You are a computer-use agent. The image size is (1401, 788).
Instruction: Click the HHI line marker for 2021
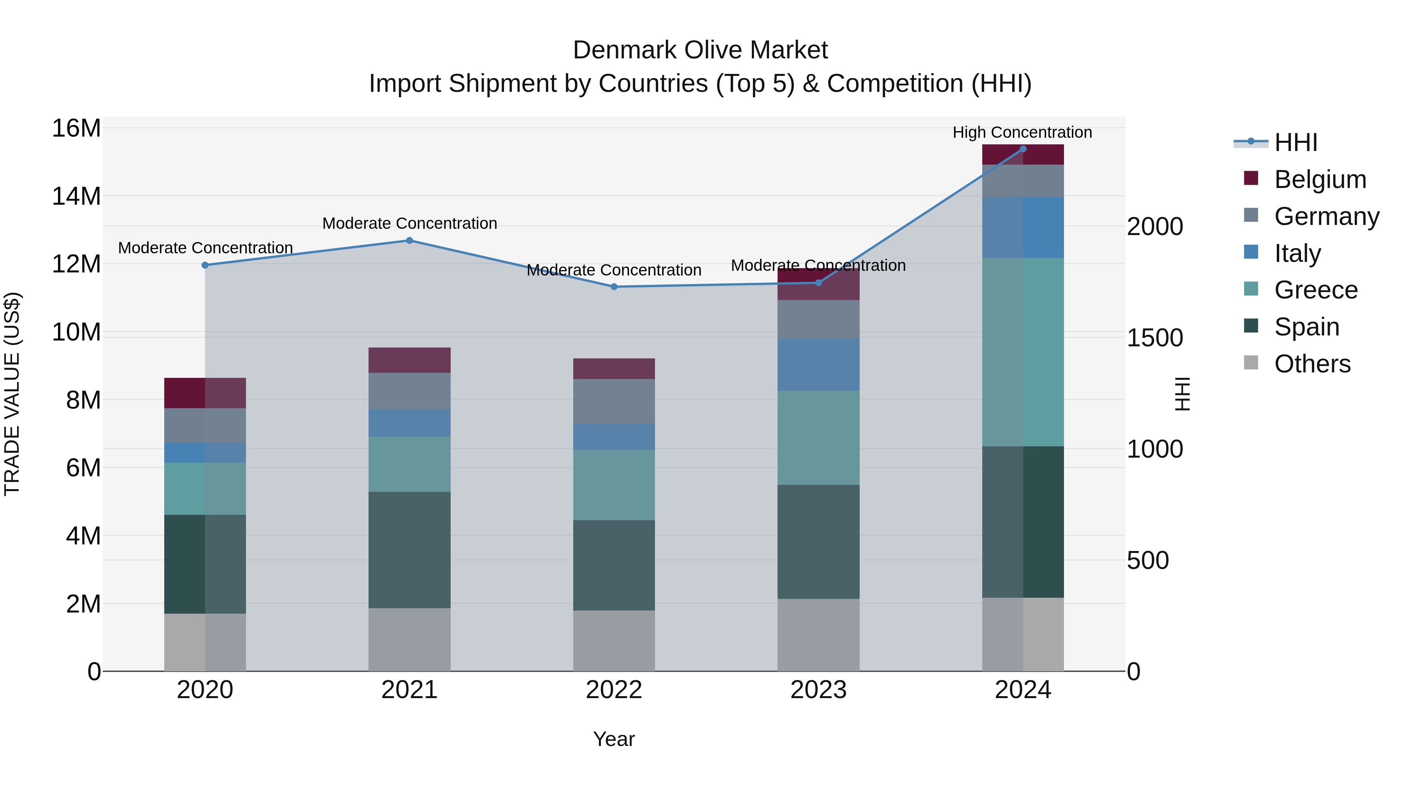pyautogui.click(x=409, y=240)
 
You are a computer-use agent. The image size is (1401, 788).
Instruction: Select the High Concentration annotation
pyautogui.click(x=1022, y=132)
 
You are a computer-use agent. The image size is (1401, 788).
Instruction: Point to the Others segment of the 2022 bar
pyautogui.click(x=614, y=640)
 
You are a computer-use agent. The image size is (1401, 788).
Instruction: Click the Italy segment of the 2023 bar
pyautogui.click(x=818, y=364)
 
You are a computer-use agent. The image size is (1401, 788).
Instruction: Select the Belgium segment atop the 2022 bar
pyautogui.click(x=614, y=369)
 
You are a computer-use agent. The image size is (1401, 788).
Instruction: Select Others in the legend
pyautogui.click(x=1312, y=364)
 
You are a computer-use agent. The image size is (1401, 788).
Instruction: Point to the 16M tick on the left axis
pyautogui.click(x=76, y=129)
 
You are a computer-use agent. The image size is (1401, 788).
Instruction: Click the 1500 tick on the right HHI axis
pyautogui.click(x=1155, y=338)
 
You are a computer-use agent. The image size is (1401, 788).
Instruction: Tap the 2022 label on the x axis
pyautogui.click(x=614, y=690)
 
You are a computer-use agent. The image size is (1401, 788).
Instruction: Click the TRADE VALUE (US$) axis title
pyautogui.click(x=12, y=394)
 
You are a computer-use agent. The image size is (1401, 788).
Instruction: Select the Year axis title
pyautogui.click(x=614, y=739)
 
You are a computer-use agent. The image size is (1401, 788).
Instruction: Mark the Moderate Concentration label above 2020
pyautogui.click(x=205, y=247)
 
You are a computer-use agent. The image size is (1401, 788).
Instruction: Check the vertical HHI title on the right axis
pyautogui.click(x=1182, y=394)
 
